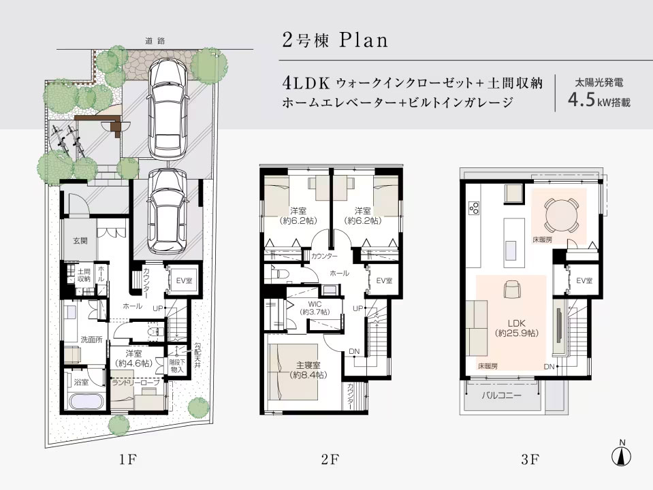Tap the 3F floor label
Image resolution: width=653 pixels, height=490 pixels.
pos(530,459)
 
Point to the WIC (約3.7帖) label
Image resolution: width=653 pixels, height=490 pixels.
pos(313,307)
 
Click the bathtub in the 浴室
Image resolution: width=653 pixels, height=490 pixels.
pos(84,399)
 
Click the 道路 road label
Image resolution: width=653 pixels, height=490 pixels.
pos(155,42)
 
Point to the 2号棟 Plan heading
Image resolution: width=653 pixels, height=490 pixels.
pos(334,39)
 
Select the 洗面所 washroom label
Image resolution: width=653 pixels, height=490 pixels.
pos(89,340)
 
